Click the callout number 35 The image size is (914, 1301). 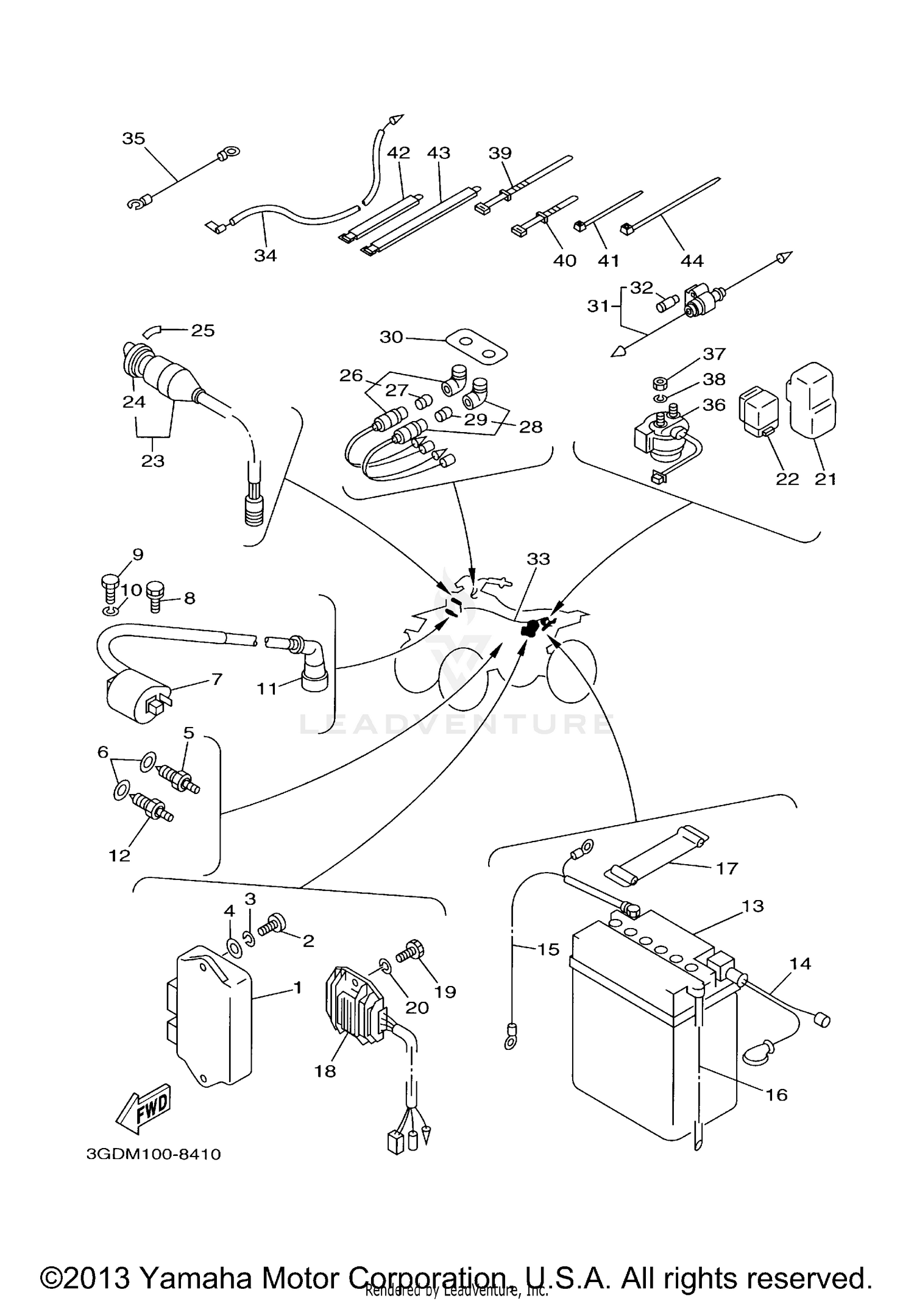click(x=133, y=138)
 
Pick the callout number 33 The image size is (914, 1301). click(x=538, y=559)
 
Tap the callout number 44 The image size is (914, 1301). click(x=692, y=261)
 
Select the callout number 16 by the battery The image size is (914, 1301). click(x=776, y=1094)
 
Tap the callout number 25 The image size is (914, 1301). click(x=203, y=330)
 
